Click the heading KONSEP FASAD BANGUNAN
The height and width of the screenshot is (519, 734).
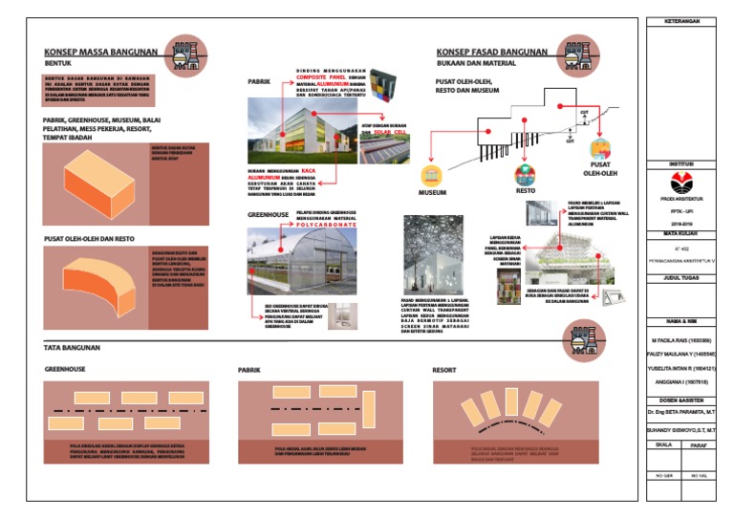(x=492, y=52)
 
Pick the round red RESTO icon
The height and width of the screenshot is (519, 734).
(x=525, y=175)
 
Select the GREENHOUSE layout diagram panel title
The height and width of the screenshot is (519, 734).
(x=66, y=368)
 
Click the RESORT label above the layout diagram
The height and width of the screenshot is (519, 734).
(x=443, y=368)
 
